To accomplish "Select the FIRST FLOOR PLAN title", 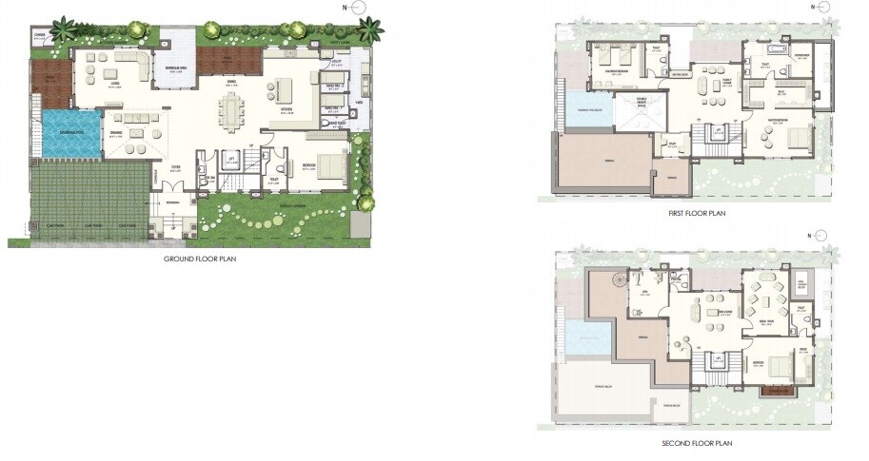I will click(x=698, y=214).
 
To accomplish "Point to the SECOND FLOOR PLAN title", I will click(x=697, y=443).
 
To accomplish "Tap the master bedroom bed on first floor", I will click(x=796, y=140).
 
